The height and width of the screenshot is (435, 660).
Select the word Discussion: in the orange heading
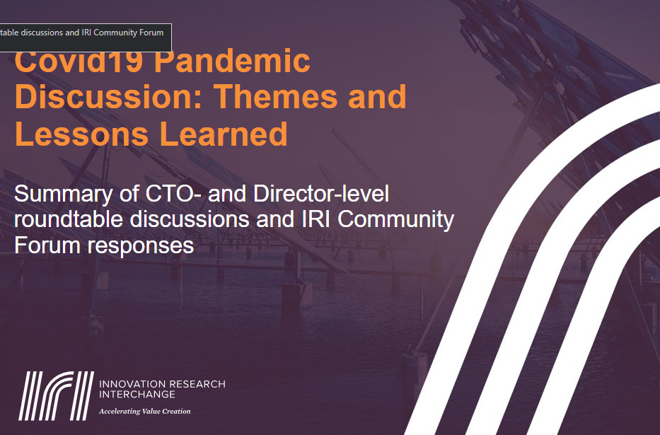[x=110, y=96]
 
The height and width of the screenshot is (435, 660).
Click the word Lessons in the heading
[x=81, y=134]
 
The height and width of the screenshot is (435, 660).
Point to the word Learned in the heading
[x=224, y=134]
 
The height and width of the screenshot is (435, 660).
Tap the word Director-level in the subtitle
[x=321, y=194]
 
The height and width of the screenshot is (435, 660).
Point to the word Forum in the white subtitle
[x=47, y=245]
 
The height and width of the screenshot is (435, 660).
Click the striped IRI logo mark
[x=57, y=396]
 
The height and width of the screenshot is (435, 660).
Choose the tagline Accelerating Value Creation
[x=145, y=412]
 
